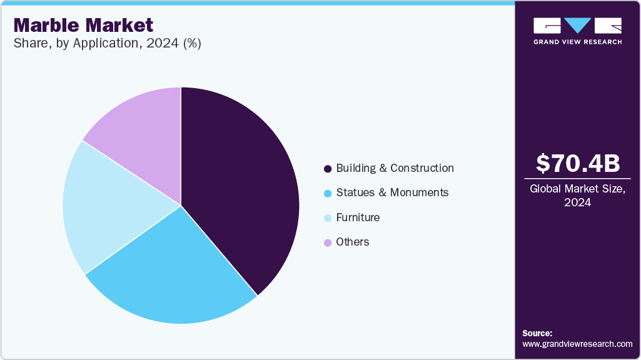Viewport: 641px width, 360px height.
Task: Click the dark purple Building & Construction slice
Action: coord(244,187)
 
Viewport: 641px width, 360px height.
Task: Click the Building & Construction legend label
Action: coord(395,168)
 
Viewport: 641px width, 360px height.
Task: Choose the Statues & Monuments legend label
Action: coord(392,192)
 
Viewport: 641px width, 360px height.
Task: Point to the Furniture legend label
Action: coord(358,217)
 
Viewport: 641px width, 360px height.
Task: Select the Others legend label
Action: coord(353,242)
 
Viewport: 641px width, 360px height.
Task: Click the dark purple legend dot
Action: coord(327,169)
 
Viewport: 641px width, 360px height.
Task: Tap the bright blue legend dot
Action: coord(327,193)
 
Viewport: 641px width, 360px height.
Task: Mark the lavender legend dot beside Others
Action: coord(327,242)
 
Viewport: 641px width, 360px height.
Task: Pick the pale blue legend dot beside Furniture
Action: coord(327,218)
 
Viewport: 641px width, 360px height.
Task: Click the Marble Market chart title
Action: coord(83,26)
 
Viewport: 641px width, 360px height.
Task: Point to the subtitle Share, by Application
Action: coord(107,44)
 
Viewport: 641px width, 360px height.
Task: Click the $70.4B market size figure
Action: coord(578,163)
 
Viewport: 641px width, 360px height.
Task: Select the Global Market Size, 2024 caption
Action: coord(578,196)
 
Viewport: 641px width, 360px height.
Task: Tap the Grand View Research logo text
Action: coord(578,42)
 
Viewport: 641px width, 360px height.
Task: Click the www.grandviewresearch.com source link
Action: coord(578,344)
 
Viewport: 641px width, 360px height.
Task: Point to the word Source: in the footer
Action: coord(537,333)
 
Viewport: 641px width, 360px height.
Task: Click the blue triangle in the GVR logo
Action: coord(578,25)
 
